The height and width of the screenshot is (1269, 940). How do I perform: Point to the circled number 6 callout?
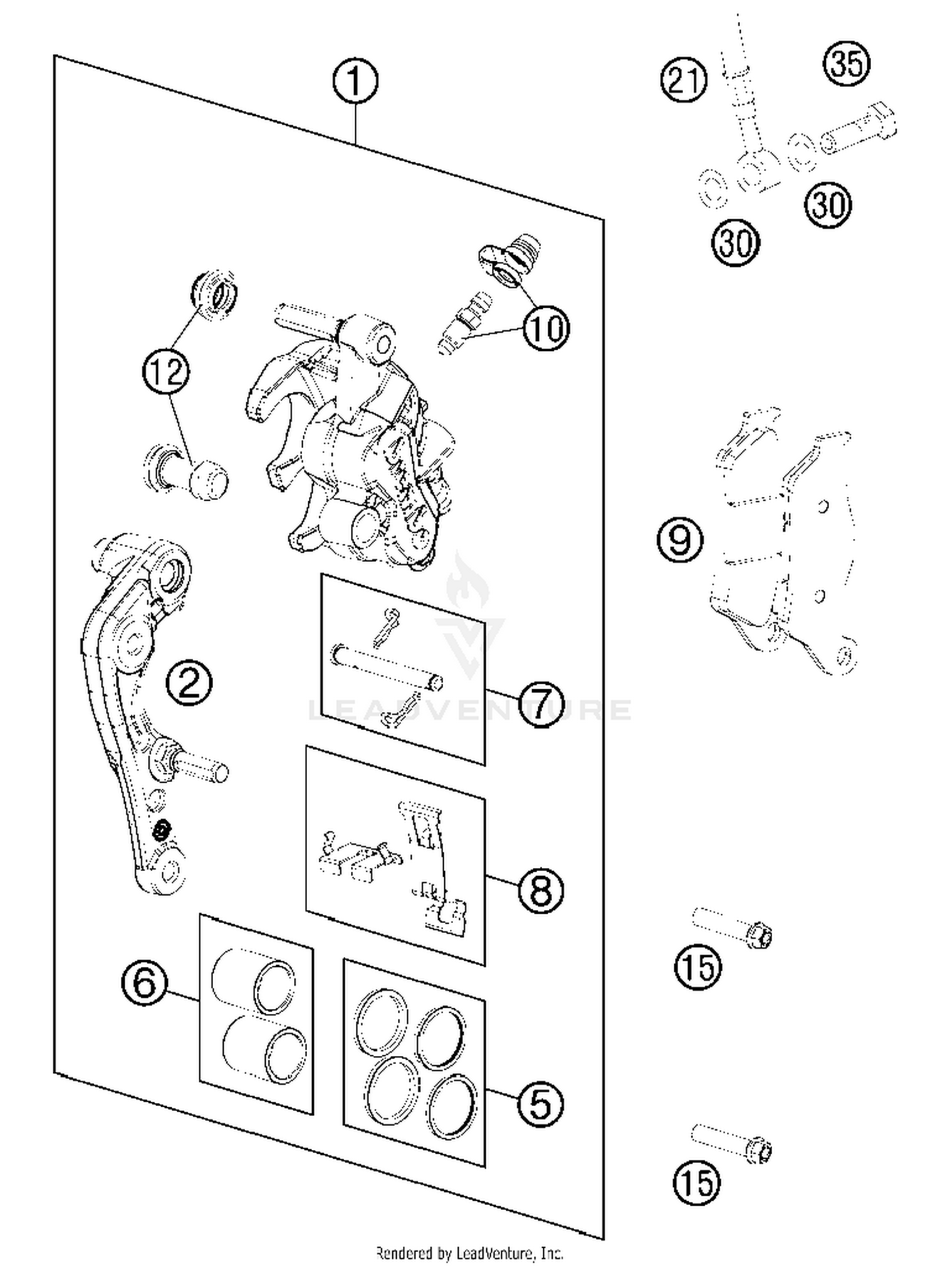tap(145, 983)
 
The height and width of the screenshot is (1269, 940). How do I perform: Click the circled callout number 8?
tap(541, 890)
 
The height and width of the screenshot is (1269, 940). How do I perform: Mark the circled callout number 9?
tap(680, 540)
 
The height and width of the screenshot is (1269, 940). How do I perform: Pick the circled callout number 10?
tap(546, 328)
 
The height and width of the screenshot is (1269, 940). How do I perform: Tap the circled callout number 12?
tap(165, 372)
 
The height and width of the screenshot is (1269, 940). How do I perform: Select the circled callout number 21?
tap(684, 80)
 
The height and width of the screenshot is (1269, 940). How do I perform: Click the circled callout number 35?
tap(847, 63)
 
